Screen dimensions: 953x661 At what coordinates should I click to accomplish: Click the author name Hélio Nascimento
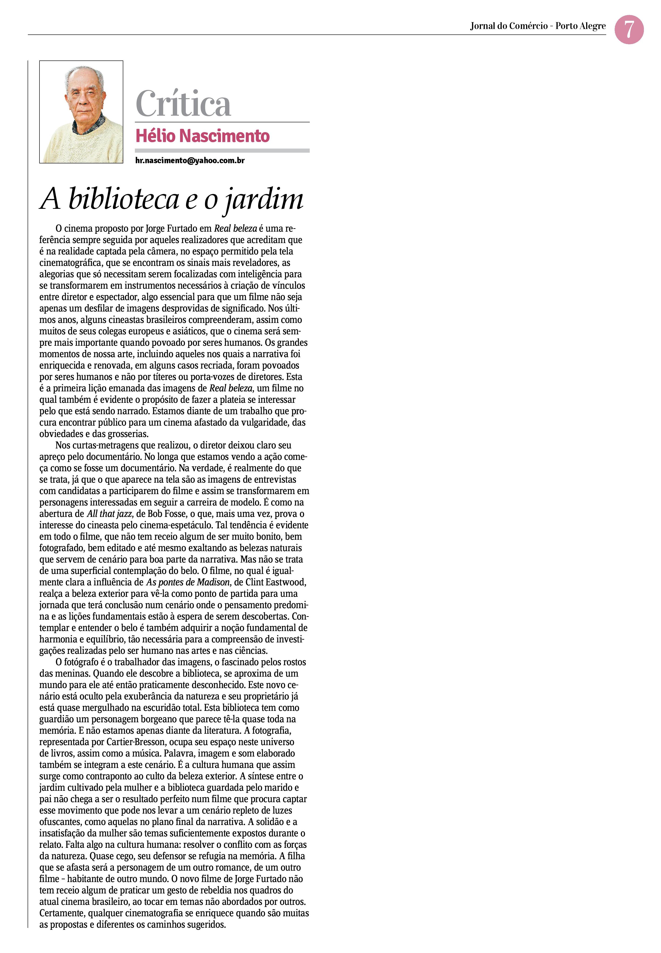tap(202, 136)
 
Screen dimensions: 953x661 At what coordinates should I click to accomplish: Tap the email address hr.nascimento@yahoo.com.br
tap(190, 161)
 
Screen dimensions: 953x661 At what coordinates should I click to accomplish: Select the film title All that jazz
tap(110, 514)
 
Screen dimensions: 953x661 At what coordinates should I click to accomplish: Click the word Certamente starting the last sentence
tap(62, 913)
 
